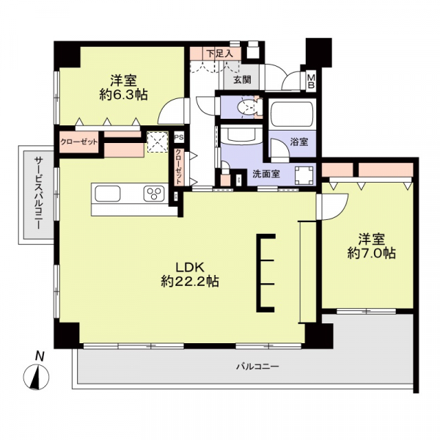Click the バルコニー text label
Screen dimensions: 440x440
click(257, 365)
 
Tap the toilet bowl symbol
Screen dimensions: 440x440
click(247, 108)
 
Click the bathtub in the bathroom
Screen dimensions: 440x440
click(292, 116)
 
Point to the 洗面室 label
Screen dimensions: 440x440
click(265, 175)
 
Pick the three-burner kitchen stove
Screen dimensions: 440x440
click(154, 194)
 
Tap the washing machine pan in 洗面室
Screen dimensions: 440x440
click(304, 175)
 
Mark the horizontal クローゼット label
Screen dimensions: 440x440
click(78, 142)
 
